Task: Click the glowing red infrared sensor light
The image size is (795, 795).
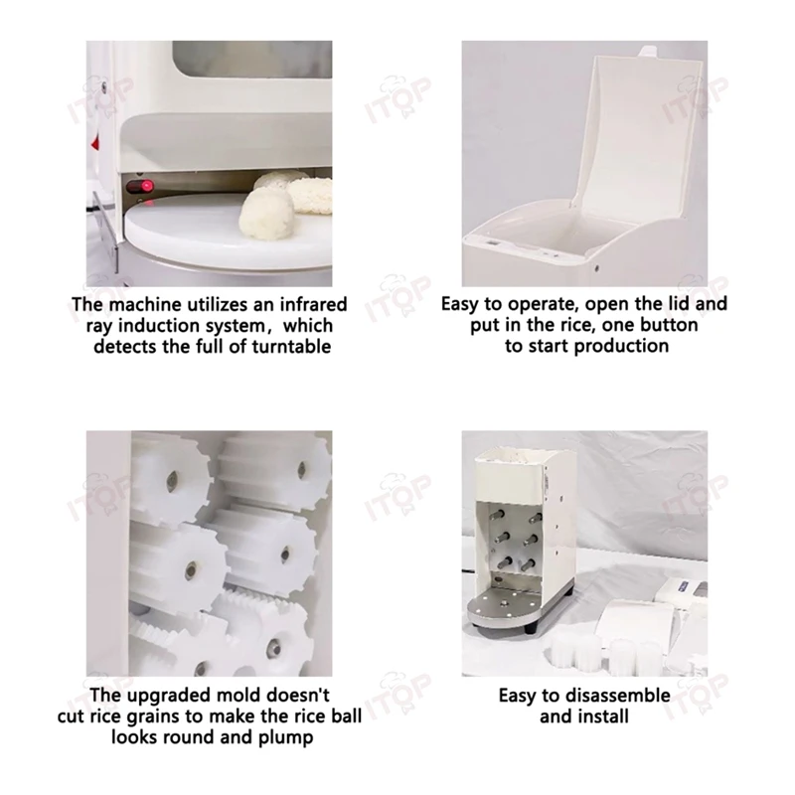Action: click(143, 187)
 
